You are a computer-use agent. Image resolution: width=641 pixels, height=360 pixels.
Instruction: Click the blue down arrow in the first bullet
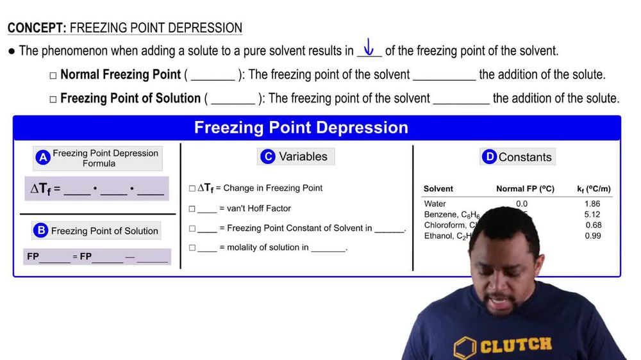pos(369,47)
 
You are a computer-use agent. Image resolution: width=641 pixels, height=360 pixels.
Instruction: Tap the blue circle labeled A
pos(43,158)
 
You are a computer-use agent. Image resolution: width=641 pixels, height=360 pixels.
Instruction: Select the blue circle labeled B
pos(41,231)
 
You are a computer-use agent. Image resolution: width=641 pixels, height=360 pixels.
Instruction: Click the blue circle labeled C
pos(268,156)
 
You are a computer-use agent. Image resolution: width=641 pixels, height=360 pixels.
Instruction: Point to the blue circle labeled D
pos(489,157)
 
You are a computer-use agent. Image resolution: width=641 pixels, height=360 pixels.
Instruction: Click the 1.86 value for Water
pos(592,204)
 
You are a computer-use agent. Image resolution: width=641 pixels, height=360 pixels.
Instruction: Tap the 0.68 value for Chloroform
pos(594,225)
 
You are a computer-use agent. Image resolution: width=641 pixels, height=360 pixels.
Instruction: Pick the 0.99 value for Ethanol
pos(594,236)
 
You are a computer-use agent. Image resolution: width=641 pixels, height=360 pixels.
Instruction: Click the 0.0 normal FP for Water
pos(522,204)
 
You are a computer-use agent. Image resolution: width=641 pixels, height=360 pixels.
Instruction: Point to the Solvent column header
pos(438,189)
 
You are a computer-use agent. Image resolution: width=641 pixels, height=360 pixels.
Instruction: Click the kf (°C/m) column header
pos(594,189)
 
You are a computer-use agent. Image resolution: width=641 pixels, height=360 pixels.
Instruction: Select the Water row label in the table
pos(435,204)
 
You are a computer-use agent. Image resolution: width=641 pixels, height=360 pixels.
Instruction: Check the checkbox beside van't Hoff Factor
pos(192,209)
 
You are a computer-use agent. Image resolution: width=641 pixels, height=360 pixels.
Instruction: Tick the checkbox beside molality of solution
pos(192,248)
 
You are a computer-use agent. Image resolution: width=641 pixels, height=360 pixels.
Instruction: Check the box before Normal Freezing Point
pos(53,76)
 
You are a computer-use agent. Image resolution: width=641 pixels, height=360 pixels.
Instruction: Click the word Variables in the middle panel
pos(303,156)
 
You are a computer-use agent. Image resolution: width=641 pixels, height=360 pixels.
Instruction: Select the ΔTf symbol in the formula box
pos(41,189)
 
